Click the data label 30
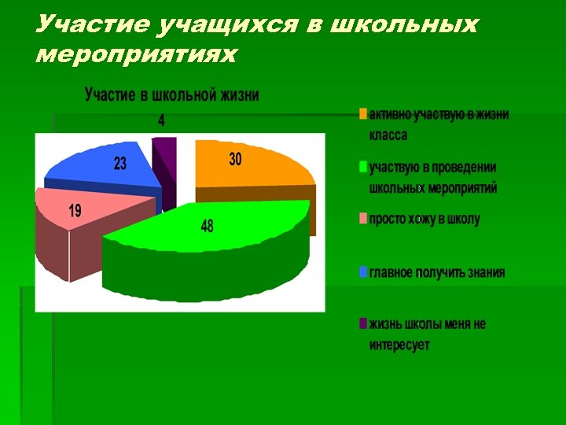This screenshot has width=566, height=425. point(235,159)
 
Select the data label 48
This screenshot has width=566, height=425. point(207,226)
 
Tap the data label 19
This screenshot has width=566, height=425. point(75,210)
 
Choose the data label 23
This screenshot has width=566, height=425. point(120,164)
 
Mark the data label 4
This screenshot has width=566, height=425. point(161,120)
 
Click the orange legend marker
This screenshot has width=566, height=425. point(363,114)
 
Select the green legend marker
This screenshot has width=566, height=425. point(363,167)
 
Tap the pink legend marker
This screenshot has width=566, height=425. point(363,219)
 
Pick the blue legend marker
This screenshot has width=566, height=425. point(363,272)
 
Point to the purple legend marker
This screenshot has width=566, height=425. point(363,323)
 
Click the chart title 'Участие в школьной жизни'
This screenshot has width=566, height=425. point(172,95)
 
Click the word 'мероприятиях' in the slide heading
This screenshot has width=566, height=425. point(136,54)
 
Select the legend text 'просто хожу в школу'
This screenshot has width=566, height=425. point(424,219)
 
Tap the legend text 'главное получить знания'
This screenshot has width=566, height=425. point(437,272)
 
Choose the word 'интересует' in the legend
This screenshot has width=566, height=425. point(399,345)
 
